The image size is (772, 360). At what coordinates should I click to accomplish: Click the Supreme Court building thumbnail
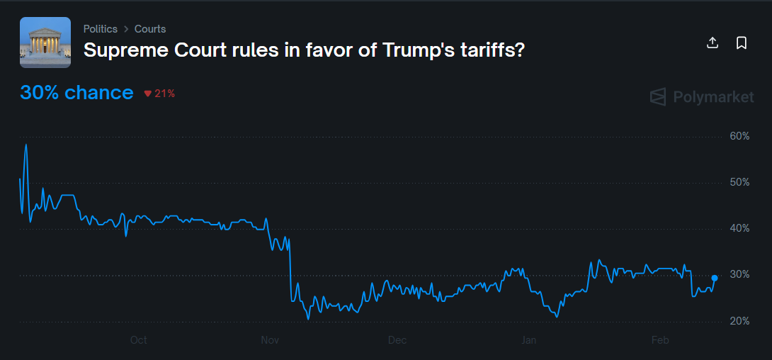pyautogui.click(x=45, y=43)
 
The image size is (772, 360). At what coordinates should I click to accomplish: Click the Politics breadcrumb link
pyautogui.click(x=100, y=29)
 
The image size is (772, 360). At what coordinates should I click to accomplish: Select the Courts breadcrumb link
pyautogui.click(x=150, y=29)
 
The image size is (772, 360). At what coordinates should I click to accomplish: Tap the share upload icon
pyautogui.click(x=713, y=43)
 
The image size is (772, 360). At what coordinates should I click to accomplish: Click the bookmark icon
pyautogui.click(x=742, y=43)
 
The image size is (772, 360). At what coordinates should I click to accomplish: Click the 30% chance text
pyautogui.click(x=76, y=93)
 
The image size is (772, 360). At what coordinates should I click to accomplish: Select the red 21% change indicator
pyautogui.click(x=159, y=94)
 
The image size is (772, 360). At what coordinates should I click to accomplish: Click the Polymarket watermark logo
pyautogui.click(x=702, y=97)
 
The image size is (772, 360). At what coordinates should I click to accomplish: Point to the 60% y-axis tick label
pyautogui.click(x=739, y=136)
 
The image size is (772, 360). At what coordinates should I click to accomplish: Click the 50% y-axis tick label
pyautogui.click(x=739, y=182)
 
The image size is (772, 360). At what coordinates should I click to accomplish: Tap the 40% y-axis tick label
pyautogui.click(x=739, y=228)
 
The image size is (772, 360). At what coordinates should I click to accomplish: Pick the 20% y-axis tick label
pyautogui.click(x=739, y=321)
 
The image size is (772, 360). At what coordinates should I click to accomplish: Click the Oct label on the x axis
pyautogui.click(x=139, y=340)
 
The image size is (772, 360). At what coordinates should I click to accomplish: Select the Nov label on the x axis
pyautogui.click(x=270, y=340)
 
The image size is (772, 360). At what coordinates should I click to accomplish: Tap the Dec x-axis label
pyautogui.click(x=397, y=340)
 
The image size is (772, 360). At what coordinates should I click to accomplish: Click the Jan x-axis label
pyautogui.click(x=528, y=340)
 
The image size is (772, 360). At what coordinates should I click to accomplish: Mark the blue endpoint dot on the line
pyautogui.click(x=714, y=278)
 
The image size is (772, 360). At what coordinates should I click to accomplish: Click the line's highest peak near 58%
pyautogui.click(x=26, y=145)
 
